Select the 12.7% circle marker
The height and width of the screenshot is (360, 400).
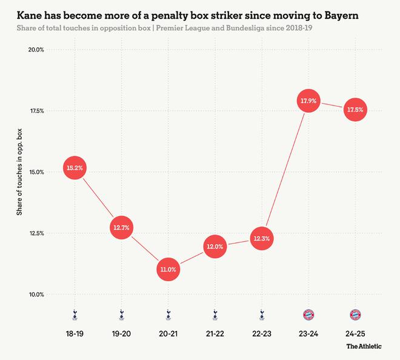coord(121,228)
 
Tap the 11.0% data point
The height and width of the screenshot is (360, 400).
coord(168,270)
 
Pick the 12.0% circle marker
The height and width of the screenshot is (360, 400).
coord(215,247)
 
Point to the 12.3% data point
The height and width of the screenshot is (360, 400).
coord(262,239)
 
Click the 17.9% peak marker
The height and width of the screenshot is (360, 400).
coord(308,101)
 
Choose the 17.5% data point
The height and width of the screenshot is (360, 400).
coord(355,110)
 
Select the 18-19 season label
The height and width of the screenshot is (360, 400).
coord(74,334)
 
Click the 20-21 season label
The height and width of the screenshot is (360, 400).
coord(168,334)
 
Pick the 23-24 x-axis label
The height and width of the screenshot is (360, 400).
coord(308,334)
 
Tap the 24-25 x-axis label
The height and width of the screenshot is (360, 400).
coord(355,334)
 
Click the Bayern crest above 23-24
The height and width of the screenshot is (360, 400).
coord(308,315)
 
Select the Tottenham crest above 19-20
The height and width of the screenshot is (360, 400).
coord(121,315)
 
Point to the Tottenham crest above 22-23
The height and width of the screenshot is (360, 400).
coord(262,315)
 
